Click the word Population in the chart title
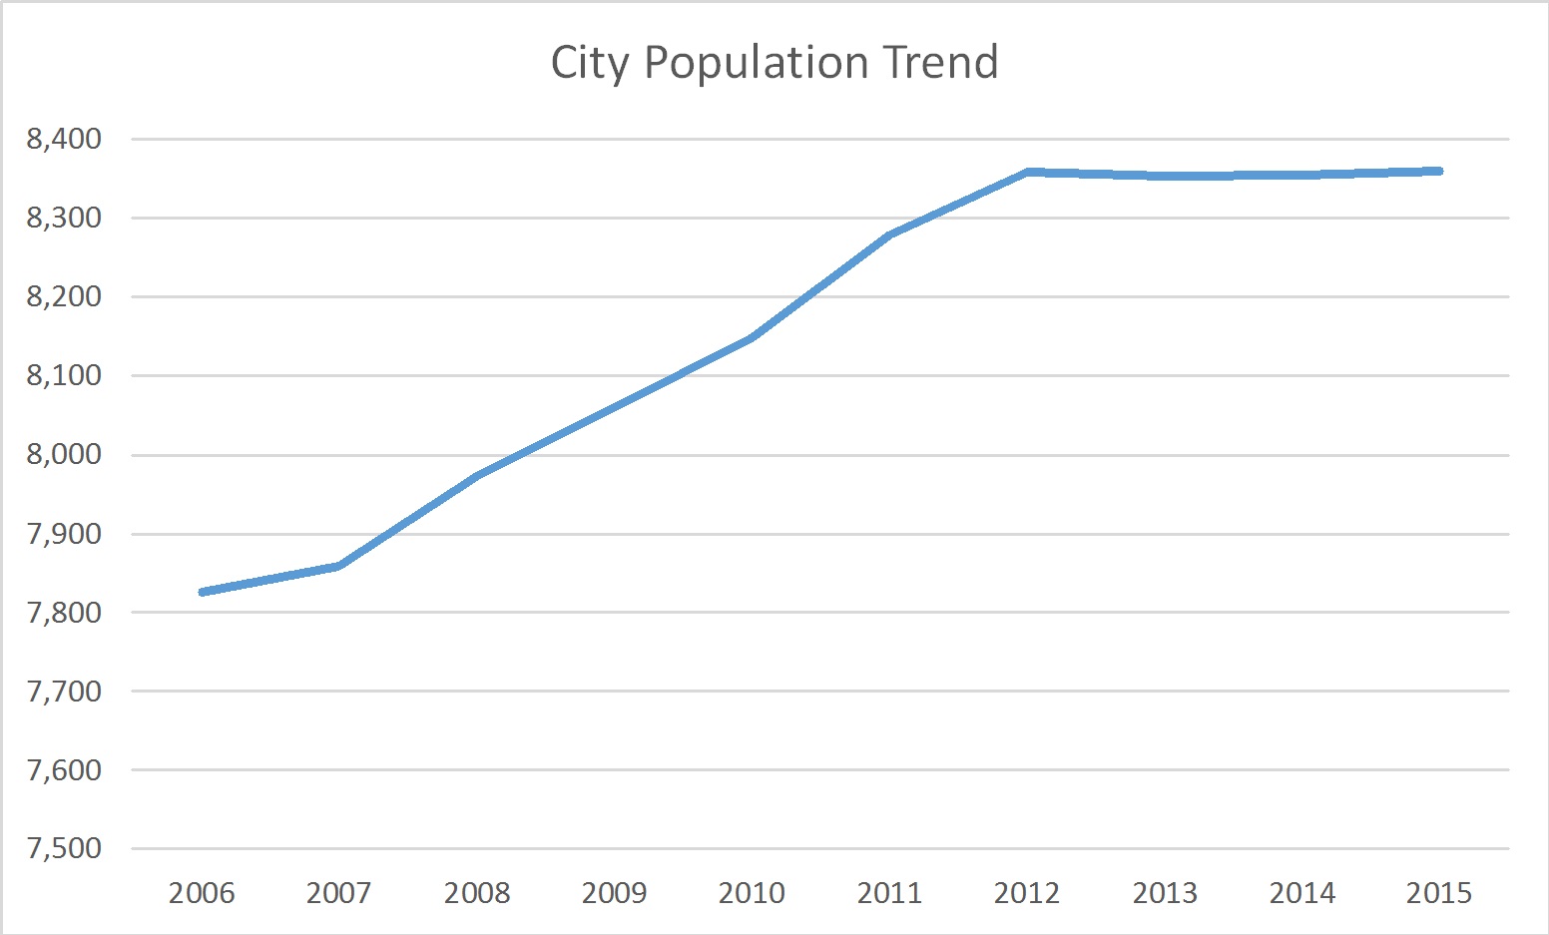tap(759, 64)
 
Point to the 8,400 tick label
tap(64, 139)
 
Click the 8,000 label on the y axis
tap(64, 454)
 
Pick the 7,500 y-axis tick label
tap(64, 848)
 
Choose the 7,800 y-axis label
tap(64, 612)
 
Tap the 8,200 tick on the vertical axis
tap(64, 296)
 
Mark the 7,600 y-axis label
tap(64, 769)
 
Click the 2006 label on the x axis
tap(202, 892)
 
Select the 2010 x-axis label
tap(752, 892)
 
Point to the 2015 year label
tap(1438, 892)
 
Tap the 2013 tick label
tap(1164, 892)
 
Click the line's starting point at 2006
tap(203, 592)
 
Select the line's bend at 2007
tap(339, 566)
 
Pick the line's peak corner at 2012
tap(1027, 172)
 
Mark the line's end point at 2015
tap(1438, 171)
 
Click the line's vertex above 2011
tap(889, 234)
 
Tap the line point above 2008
tap(477, 476)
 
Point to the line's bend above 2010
tap(752, 337)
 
